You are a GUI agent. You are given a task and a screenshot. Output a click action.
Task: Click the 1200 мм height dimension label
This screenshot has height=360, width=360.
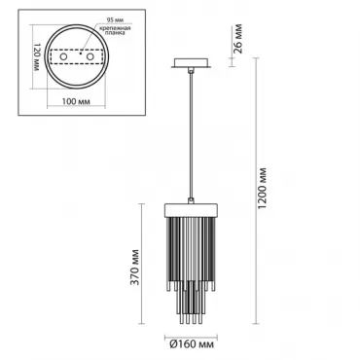click(263, 189)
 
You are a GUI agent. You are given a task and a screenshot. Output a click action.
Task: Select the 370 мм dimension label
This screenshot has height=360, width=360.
click(135, 268)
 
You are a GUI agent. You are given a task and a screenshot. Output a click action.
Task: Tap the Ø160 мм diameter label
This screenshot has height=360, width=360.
click(192, 343)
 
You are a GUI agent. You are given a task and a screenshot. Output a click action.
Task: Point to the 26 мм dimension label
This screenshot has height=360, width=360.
click(237, 38)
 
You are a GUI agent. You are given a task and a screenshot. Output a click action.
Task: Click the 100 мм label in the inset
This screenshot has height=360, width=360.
click(76, 101)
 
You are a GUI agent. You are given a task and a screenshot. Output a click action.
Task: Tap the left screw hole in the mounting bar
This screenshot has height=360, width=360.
click(63, 57)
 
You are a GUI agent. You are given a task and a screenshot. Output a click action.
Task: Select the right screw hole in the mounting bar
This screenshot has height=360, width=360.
click(90, 57)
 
